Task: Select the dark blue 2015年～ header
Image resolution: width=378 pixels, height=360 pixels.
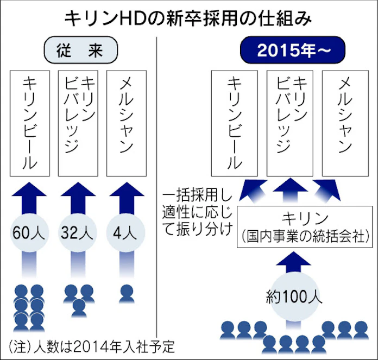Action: [x=293, y=50]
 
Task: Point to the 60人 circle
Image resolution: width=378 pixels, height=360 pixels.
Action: [x=30, y=233]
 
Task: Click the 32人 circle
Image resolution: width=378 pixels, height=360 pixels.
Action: [x=79, y=233]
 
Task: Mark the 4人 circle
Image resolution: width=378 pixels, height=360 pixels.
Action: [x=126, y=233]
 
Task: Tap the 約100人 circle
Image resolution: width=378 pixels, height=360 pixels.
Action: [x=294, y=297]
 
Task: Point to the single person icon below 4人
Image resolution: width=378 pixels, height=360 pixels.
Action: [x=127, y=294]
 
